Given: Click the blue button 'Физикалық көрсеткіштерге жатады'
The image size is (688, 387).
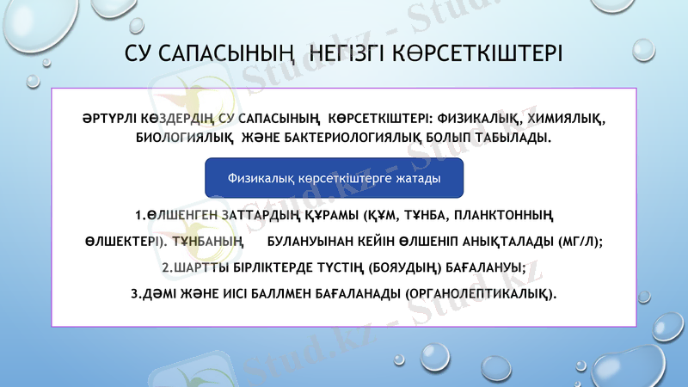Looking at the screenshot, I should tap(335, 178).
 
